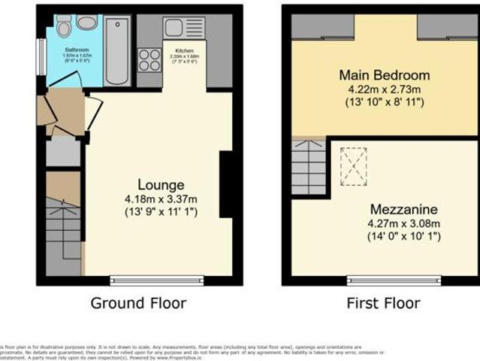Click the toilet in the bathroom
point(64,29)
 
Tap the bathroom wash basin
point(86,23)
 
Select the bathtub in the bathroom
point(118,51)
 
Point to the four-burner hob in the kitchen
point(149,59)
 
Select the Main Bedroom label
point(384,75)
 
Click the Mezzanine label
point(384,208)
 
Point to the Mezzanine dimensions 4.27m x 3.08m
point(384,223)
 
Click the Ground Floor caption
point(138,303)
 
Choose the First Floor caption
point(383,303)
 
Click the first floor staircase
point(309,168)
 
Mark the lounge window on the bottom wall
point(156,281)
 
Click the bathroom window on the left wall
point(41,56)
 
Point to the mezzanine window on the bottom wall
point(394,281)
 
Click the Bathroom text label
point(76,50)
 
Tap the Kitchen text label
point(185,51)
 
